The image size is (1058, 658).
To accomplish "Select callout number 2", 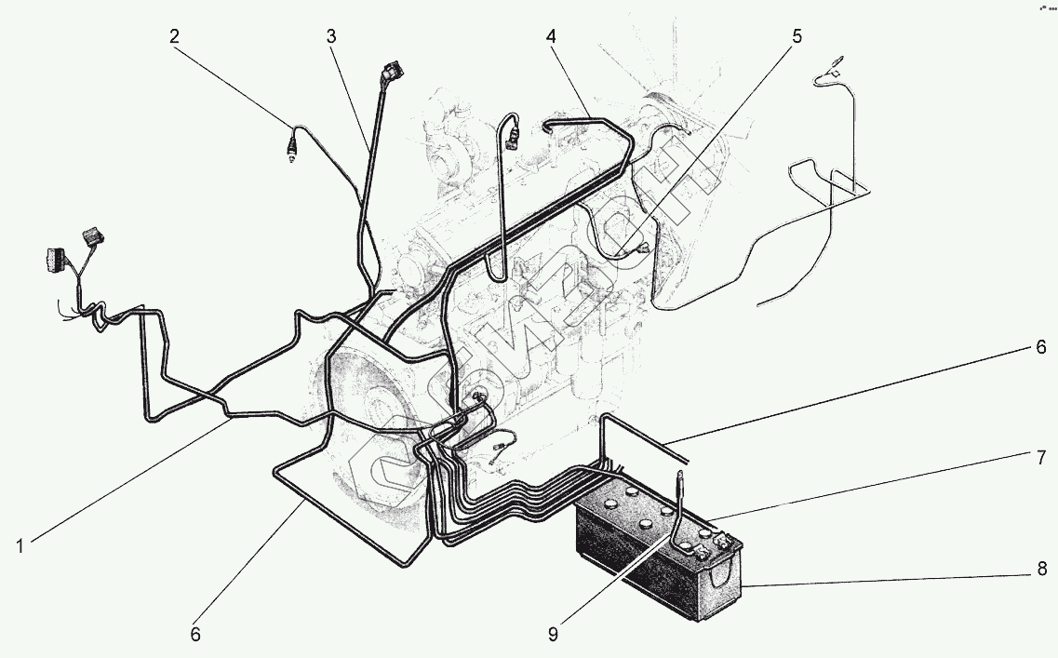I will tap(175, 37).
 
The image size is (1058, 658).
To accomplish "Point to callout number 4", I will tap(551, 37).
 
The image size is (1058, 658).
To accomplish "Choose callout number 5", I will tap(796, 37).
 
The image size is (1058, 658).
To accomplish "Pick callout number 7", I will tap(1041, 457).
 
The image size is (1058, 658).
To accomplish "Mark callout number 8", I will tap(1041, 567).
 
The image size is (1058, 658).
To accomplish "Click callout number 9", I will tap(553, 635).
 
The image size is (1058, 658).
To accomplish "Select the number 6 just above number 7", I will tap(1041, 348).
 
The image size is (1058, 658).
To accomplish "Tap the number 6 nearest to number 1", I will tap(195, 635).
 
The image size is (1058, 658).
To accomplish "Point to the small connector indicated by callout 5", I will tap(642, 248).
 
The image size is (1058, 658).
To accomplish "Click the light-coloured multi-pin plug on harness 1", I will tap(53, 260).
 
